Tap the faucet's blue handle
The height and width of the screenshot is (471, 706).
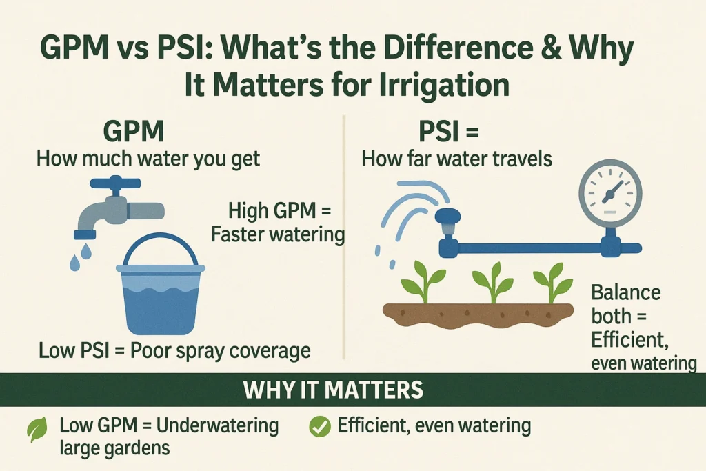(115, 183)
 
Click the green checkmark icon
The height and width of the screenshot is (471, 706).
(320, 426)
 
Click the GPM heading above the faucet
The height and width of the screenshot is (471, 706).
(134, 132)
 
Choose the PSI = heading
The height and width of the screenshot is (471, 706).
(448, 132)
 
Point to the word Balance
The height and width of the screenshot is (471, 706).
(626, 292)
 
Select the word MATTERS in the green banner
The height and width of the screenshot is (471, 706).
(376, 390)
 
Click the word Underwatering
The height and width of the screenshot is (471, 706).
(217, 425)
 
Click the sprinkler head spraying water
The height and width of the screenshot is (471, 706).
(447, 221)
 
